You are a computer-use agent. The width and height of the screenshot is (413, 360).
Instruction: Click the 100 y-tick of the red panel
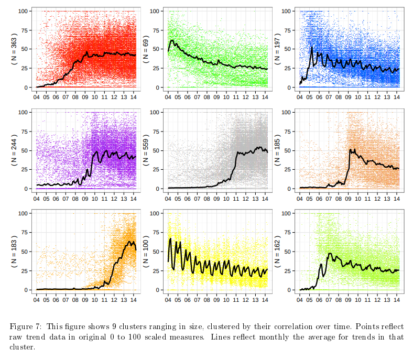(23, 10)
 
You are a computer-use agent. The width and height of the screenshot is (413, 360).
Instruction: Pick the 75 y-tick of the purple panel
(24, 131)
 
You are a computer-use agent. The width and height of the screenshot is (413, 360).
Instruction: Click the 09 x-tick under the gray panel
(216, 198)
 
